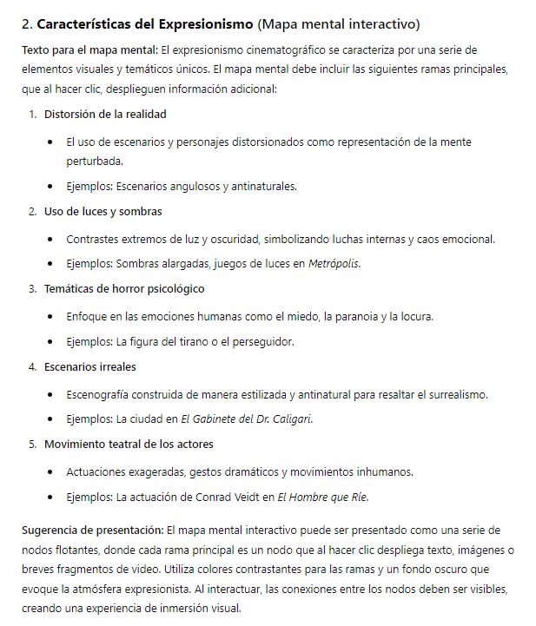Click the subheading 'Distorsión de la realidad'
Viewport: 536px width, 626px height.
(x=105, y=114)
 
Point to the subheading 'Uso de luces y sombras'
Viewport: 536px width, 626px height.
(x=103, y=211)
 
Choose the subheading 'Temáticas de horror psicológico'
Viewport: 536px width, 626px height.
(x=124, y=288)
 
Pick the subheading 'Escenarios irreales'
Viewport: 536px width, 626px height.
(x=90, y=366)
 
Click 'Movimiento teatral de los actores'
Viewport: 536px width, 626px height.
(x=129, y=444)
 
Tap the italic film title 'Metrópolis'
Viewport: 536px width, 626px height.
(x=334, y=264)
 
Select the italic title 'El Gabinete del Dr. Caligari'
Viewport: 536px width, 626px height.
(x=246, y=419)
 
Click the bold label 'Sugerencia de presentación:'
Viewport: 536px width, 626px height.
(x=92, y=529)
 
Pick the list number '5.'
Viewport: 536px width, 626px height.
(x=33, y=444)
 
